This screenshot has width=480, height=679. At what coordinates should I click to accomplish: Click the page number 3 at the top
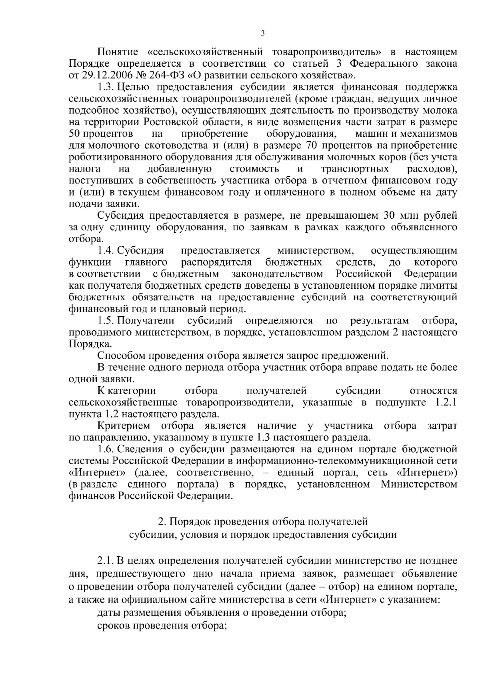click(x=262, y=34)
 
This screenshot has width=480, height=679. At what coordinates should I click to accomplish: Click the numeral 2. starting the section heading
click(x=162, y=522)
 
